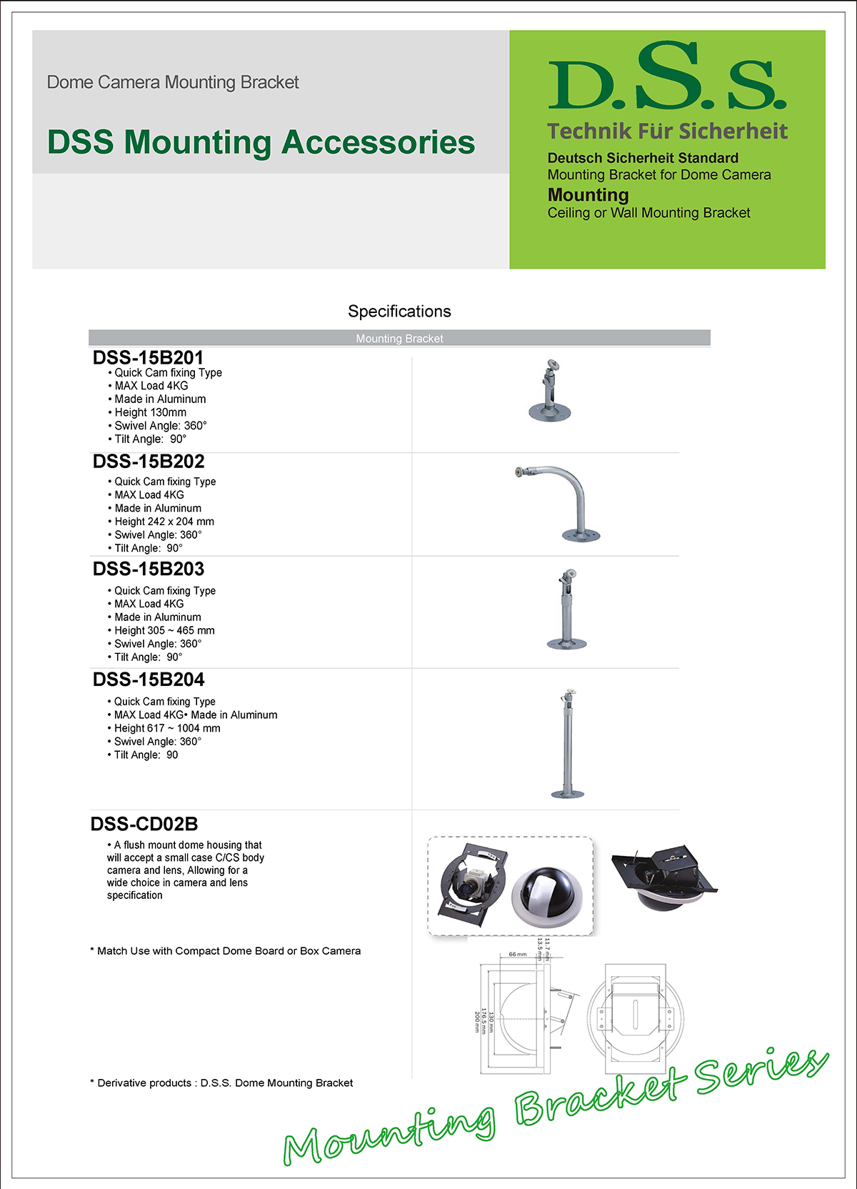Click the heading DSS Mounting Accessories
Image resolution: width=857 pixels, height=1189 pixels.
[261, 141]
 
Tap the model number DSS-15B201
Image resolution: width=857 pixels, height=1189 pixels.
[148, 357]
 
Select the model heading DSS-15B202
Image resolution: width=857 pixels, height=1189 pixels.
[149, 462]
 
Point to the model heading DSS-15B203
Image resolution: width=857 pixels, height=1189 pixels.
[149, 569]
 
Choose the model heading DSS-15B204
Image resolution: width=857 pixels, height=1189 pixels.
[149, 680]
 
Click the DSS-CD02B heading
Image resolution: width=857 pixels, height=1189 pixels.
[144, 824]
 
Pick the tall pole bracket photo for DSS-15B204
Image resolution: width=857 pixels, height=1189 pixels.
[568, 744]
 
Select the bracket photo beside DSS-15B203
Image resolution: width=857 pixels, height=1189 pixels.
[568, 610]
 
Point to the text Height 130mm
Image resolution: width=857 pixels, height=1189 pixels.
[150, 412]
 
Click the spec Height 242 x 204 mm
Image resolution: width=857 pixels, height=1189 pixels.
[164, 522]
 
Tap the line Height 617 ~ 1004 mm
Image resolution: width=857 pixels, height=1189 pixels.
[167, 728]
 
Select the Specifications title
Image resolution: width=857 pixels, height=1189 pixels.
[399, 312]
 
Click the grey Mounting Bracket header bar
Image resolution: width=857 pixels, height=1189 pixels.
[399, 338]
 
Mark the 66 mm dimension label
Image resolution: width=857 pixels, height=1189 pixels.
[518, 954]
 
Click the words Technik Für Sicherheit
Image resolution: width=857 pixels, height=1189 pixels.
[667, 131]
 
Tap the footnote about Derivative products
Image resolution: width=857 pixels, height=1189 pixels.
[221, 1083]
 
